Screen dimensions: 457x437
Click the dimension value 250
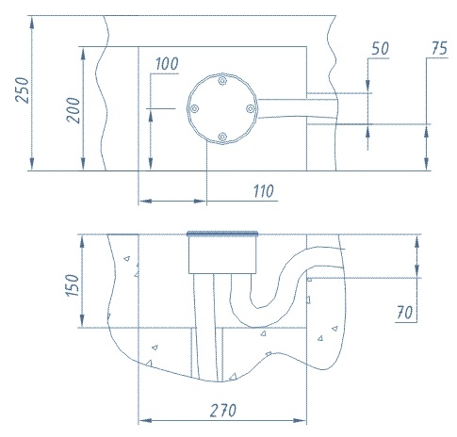pyautogui.click(x=23, y=90)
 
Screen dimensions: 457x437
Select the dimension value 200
pyautogui.click(x=73, y=110)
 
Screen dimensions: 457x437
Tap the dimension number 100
pyautogui.click(x=167, y=64)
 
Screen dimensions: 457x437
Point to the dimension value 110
pyautogui.click(x=264, y=191)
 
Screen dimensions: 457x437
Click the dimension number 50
pyautogui.click(x=380, y=48)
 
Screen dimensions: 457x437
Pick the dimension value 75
pyautogui.click(x=439, y=48)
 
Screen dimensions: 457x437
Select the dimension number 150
pyautogui.click(x=72, y=285)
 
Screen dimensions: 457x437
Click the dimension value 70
pyautogui.click(x=404, y=313)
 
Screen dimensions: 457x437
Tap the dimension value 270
pyautogui.click(x=223, y=411)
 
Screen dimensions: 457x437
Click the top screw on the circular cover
pyautogui.click(x=222, y=81)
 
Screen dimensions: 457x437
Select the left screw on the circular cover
pyautogui.click(x=194, y=109)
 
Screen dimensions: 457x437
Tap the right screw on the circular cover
pyautogui.click(x=251, y=109)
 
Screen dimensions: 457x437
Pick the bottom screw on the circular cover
pyautogui.click(x=222, y=137)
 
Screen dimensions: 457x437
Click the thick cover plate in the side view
pyautogui.click(x=222, y=234)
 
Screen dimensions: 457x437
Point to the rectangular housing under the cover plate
pyautogui.click(x=222, y=254)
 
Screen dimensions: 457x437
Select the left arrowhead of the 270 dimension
pyautogui.click(x=145, y=420)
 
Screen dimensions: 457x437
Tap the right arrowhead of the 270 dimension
pyautogui.click(x=300, y=420)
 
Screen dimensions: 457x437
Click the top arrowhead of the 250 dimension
pyautogui.click(x=32, y=23)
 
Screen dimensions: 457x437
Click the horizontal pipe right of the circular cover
pyautogui.click(x=297, y=108)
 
